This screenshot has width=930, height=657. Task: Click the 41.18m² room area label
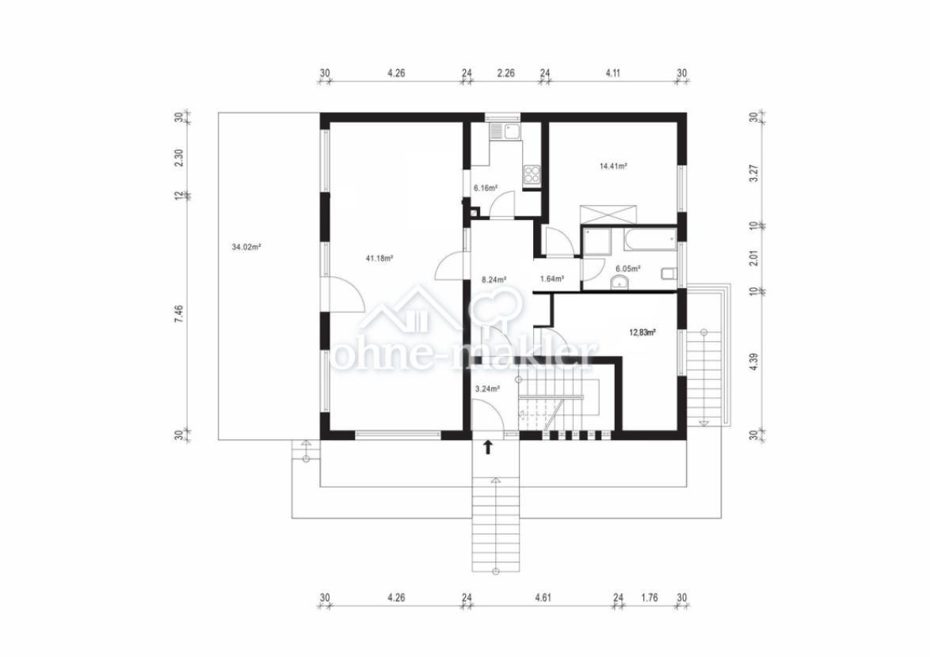[x=379, y=258]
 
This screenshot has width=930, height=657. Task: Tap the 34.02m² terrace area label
[x=246, y=247]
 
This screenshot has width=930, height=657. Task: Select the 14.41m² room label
[x=613, y=166]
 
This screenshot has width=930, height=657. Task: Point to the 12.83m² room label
[x=642, y=332]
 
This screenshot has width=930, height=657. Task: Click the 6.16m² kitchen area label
[x=485, y=188]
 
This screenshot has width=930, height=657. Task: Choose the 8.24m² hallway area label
[x=494, y=279]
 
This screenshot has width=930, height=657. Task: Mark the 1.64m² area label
[x=551, y=279]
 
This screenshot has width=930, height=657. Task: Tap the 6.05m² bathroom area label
[x=628, y=268]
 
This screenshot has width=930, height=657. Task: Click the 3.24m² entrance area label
[x=487, y=389]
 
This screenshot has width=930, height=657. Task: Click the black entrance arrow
[x=488, y=447]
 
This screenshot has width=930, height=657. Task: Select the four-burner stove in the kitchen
[x=532, y=173]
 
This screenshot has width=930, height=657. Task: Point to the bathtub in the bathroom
[x=650, y=240]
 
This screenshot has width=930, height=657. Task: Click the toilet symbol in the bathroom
[x=669, y=274]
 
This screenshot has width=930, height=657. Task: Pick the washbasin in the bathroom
[x=619, y=283]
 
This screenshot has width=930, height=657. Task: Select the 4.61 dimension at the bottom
[x=543, y=598]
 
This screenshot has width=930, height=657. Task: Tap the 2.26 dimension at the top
[x=506, y=74]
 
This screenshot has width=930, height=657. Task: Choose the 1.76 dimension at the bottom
[x=650, y=598]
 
